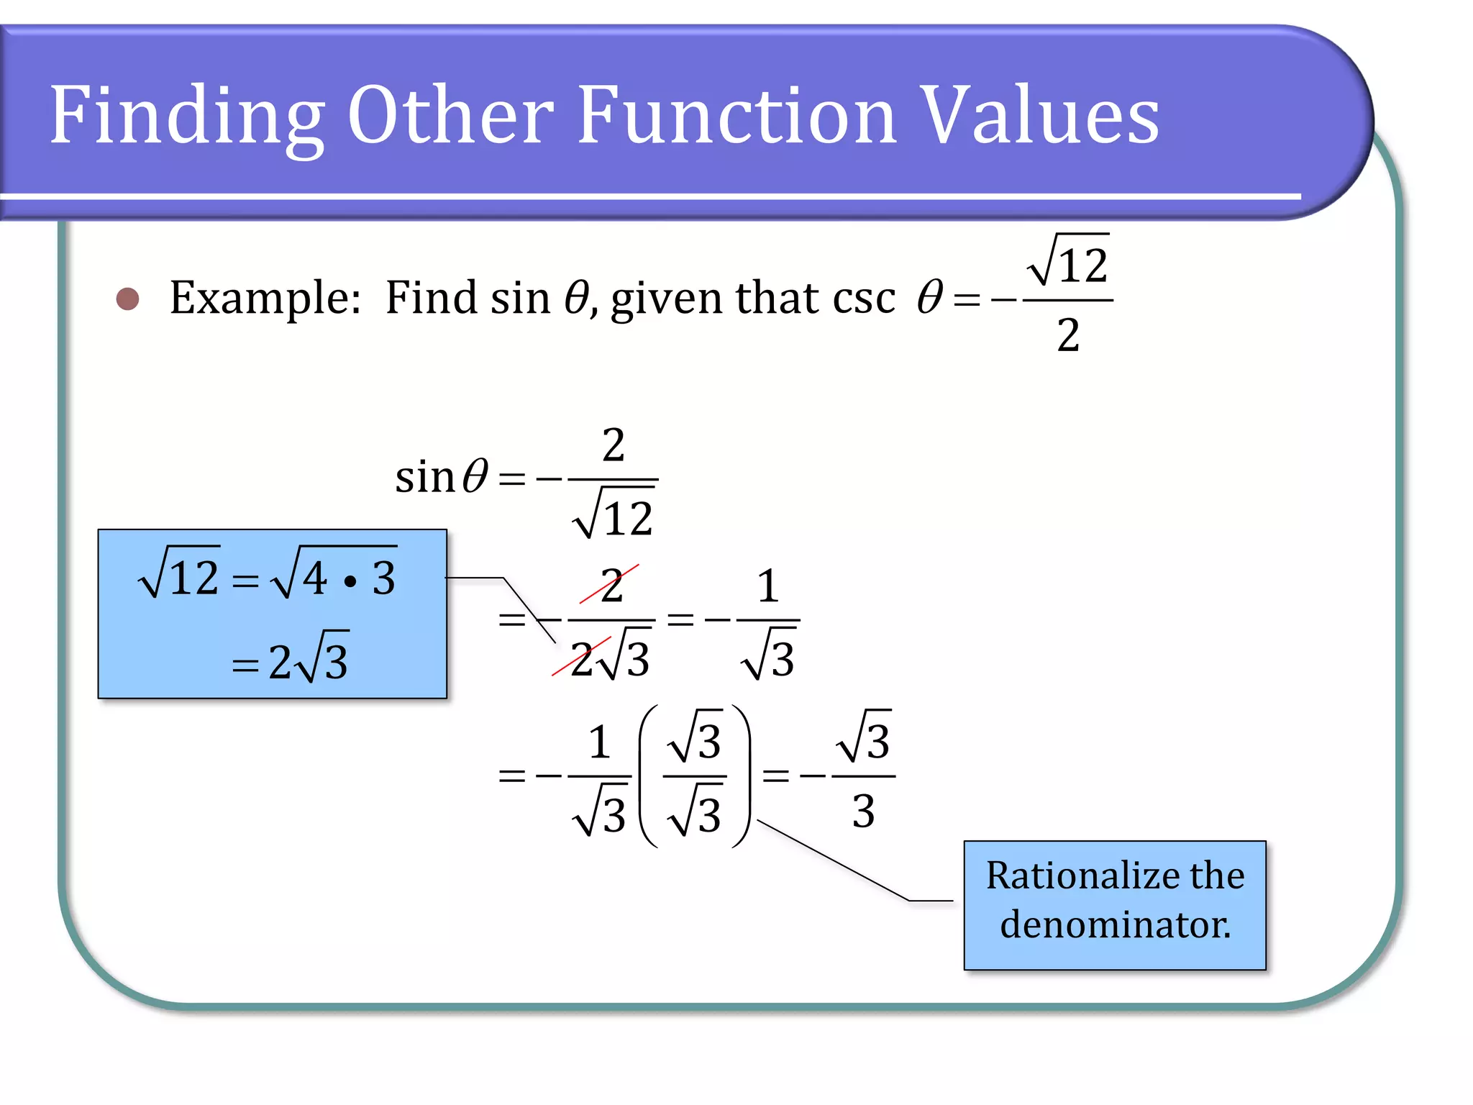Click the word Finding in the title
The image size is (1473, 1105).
coord(186,115)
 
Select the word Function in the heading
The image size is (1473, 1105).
coord(736,115)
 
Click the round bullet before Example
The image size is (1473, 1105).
coord(127,299)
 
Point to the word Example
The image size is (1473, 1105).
coord(265,298)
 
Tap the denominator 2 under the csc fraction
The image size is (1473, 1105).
coord(1068,335)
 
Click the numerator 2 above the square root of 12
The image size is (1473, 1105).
coord(613,445)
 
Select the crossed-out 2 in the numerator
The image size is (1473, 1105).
coord(611,585)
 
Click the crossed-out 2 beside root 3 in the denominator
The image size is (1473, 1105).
coord(581,659)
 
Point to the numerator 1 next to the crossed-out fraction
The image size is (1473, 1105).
coord(768,586)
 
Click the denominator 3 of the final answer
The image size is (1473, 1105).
coord(863,811)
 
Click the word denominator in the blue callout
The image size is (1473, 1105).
coord(1115,924)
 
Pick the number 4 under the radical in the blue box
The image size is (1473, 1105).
coord(314,578)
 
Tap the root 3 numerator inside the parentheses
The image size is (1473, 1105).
coord(695,738)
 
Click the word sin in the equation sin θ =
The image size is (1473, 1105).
coord(424,476)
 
